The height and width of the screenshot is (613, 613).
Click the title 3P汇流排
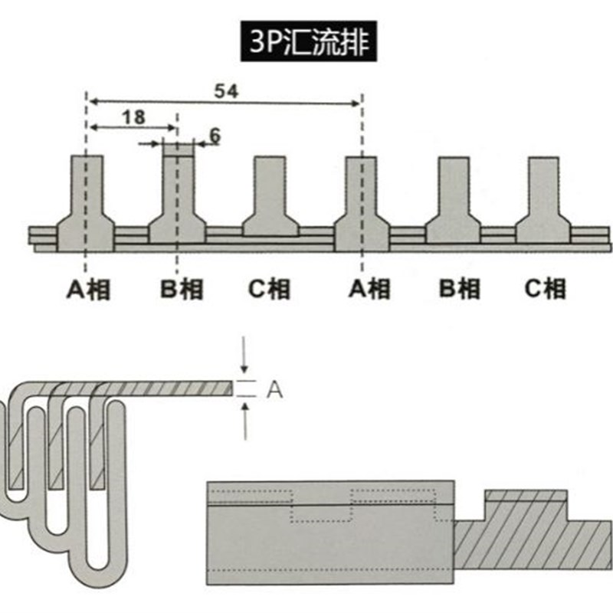click(306, 43)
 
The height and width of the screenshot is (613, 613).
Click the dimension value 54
click(225, 90)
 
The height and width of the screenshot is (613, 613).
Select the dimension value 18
click(133, 116)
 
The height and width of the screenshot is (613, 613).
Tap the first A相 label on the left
click(87, 289)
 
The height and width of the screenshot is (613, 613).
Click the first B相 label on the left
click(180, 289)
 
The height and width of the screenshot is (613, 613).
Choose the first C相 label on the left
click(270, 289)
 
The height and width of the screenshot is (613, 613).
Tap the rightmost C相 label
click(546, 289)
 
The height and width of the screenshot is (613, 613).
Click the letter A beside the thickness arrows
click(274, 390)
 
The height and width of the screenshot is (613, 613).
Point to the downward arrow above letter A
click(244, 356)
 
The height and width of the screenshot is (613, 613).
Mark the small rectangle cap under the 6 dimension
click(179, 148)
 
